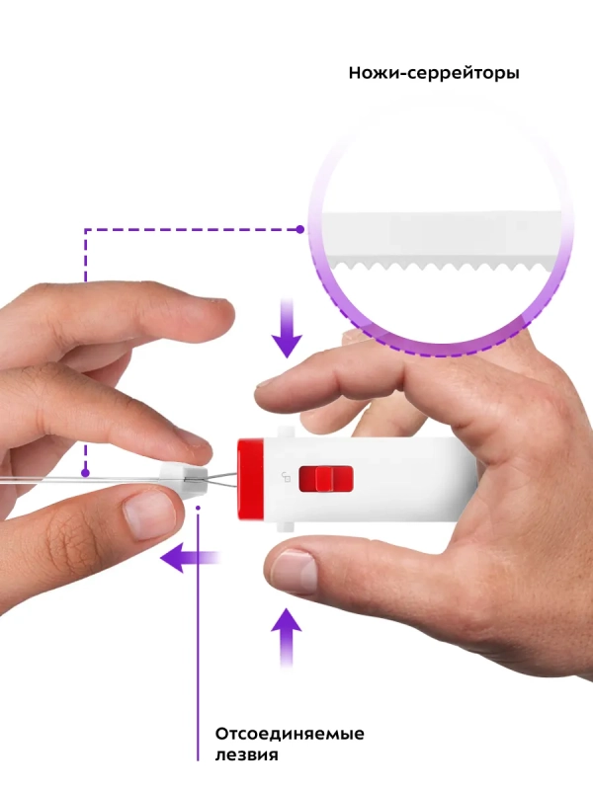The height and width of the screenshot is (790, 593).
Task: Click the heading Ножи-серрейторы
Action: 434,73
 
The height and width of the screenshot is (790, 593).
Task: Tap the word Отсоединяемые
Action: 290,734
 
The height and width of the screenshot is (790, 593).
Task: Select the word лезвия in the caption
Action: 246,755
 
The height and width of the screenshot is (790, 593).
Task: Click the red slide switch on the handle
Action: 326,479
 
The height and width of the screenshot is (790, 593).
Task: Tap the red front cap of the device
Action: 250,479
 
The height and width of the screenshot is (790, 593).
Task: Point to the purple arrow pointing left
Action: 190,558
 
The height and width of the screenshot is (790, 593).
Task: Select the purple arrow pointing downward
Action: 287,328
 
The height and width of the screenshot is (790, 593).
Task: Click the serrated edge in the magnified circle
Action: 444,266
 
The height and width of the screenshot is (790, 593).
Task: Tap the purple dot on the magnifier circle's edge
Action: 300,230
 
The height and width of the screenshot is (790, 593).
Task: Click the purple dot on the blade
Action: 86,473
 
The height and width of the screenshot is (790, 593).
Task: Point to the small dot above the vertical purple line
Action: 199,508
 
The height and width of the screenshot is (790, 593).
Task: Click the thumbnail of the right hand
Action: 295,571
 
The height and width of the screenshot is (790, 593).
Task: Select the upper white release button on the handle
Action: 286,432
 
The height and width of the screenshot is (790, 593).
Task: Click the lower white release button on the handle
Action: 286,527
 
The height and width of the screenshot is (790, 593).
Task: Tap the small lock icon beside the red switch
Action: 286,476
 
